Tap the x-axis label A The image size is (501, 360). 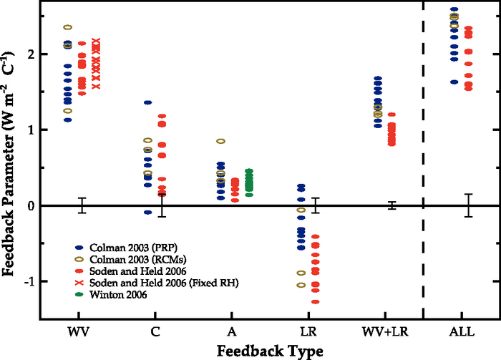pyautogui.click(x=231, y=333)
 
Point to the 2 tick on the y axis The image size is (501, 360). pyautogui.click(x=31, y=54)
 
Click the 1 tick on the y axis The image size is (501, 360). pyautogui.click(x=31, y=130)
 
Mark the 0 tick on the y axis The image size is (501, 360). pyautogui.click(x=31, y=206)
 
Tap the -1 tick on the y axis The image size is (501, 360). pyautogui.click(x=29, y=282)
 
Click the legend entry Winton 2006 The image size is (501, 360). pyautogui.click(x=115, y=295)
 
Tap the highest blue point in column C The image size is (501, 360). pyautogui.click(x=147, y=102)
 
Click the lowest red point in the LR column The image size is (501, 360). pyautogui.click(x=315, y=301)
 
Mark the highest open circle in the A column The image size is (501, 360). pyautogui.click(x=221, y=142)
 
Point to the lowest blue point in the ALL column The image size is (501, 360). pyautogui.click(x=454, y=82)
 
